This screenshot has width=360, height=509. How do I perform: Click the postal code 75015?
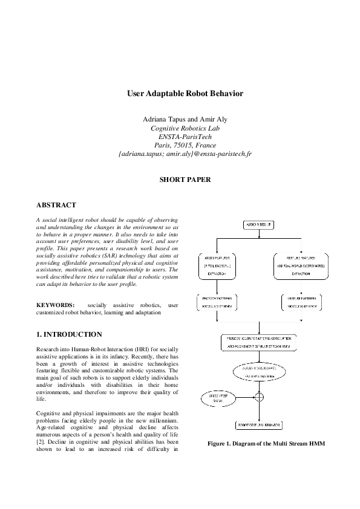coord(182,145)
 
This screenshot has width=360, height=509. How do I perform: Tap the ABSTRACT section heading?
coord(56,205)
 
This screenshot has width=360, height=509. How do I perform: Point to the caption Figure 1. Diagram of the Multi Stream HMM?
coord(266,444)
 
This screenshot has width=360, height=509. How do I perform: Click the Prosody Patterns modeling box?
coord(218,302)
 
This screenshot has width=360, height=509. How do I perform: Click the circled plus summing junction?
coord(260,397)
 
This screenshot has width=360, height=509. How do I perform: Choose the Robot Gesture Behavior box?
coord(260,426)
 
